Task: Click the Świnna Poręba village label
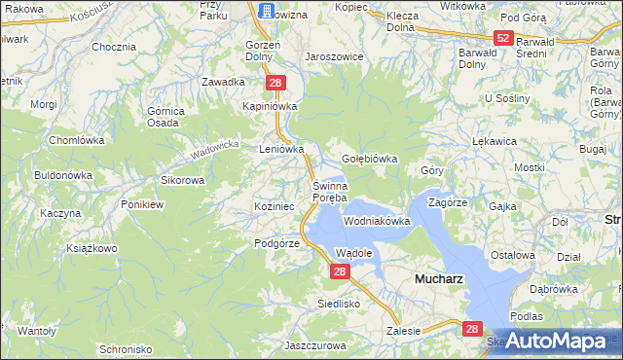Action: point(329,192)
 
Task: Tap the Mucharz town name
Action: point(438,277)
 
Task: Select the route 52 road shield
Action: point(502,38)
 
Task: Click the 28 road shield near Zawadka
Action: point(276,84)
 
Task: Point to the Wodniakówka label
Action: point(377,222)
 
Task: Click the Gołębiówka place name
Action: point(370,159)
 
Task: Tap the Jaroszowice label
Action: point(334,56)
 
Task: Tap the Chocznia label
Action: point(112,46)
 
